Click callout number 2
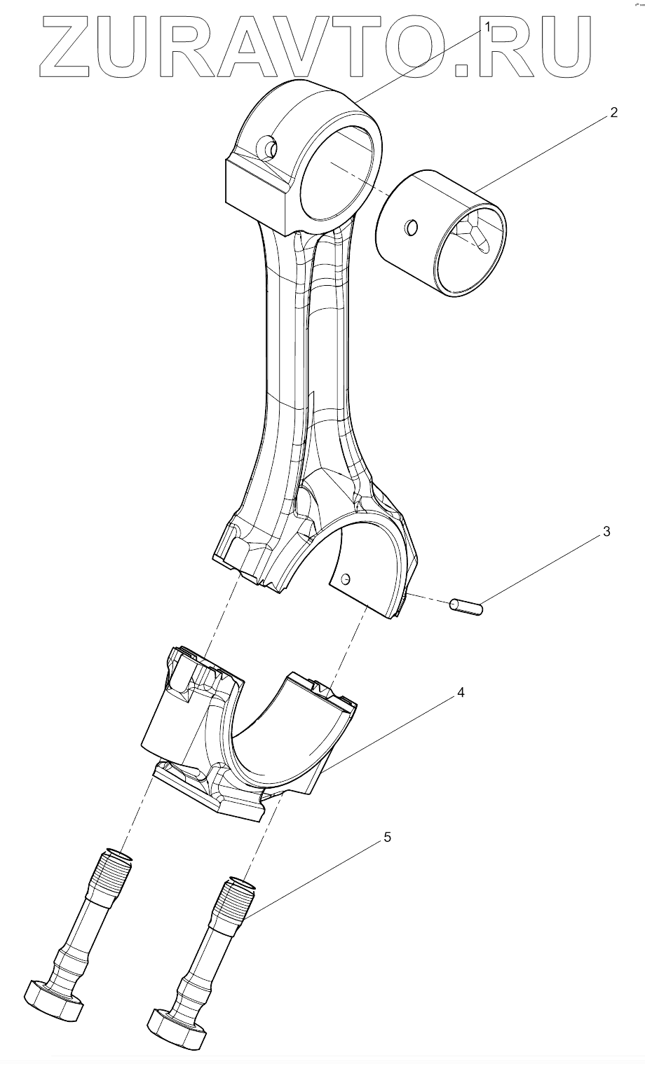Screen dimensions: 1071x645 (613, 113)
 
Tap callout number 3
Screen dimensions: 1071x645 (606, 532)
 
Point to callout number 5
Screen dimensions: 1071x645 (388, 837)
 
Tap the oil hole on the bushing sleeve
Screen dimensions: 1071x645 (412, 227)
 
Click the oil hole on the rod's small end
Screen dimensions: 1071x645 (269, 148)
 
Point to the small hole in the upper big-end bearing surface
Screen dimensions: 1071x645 (345, 579)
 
